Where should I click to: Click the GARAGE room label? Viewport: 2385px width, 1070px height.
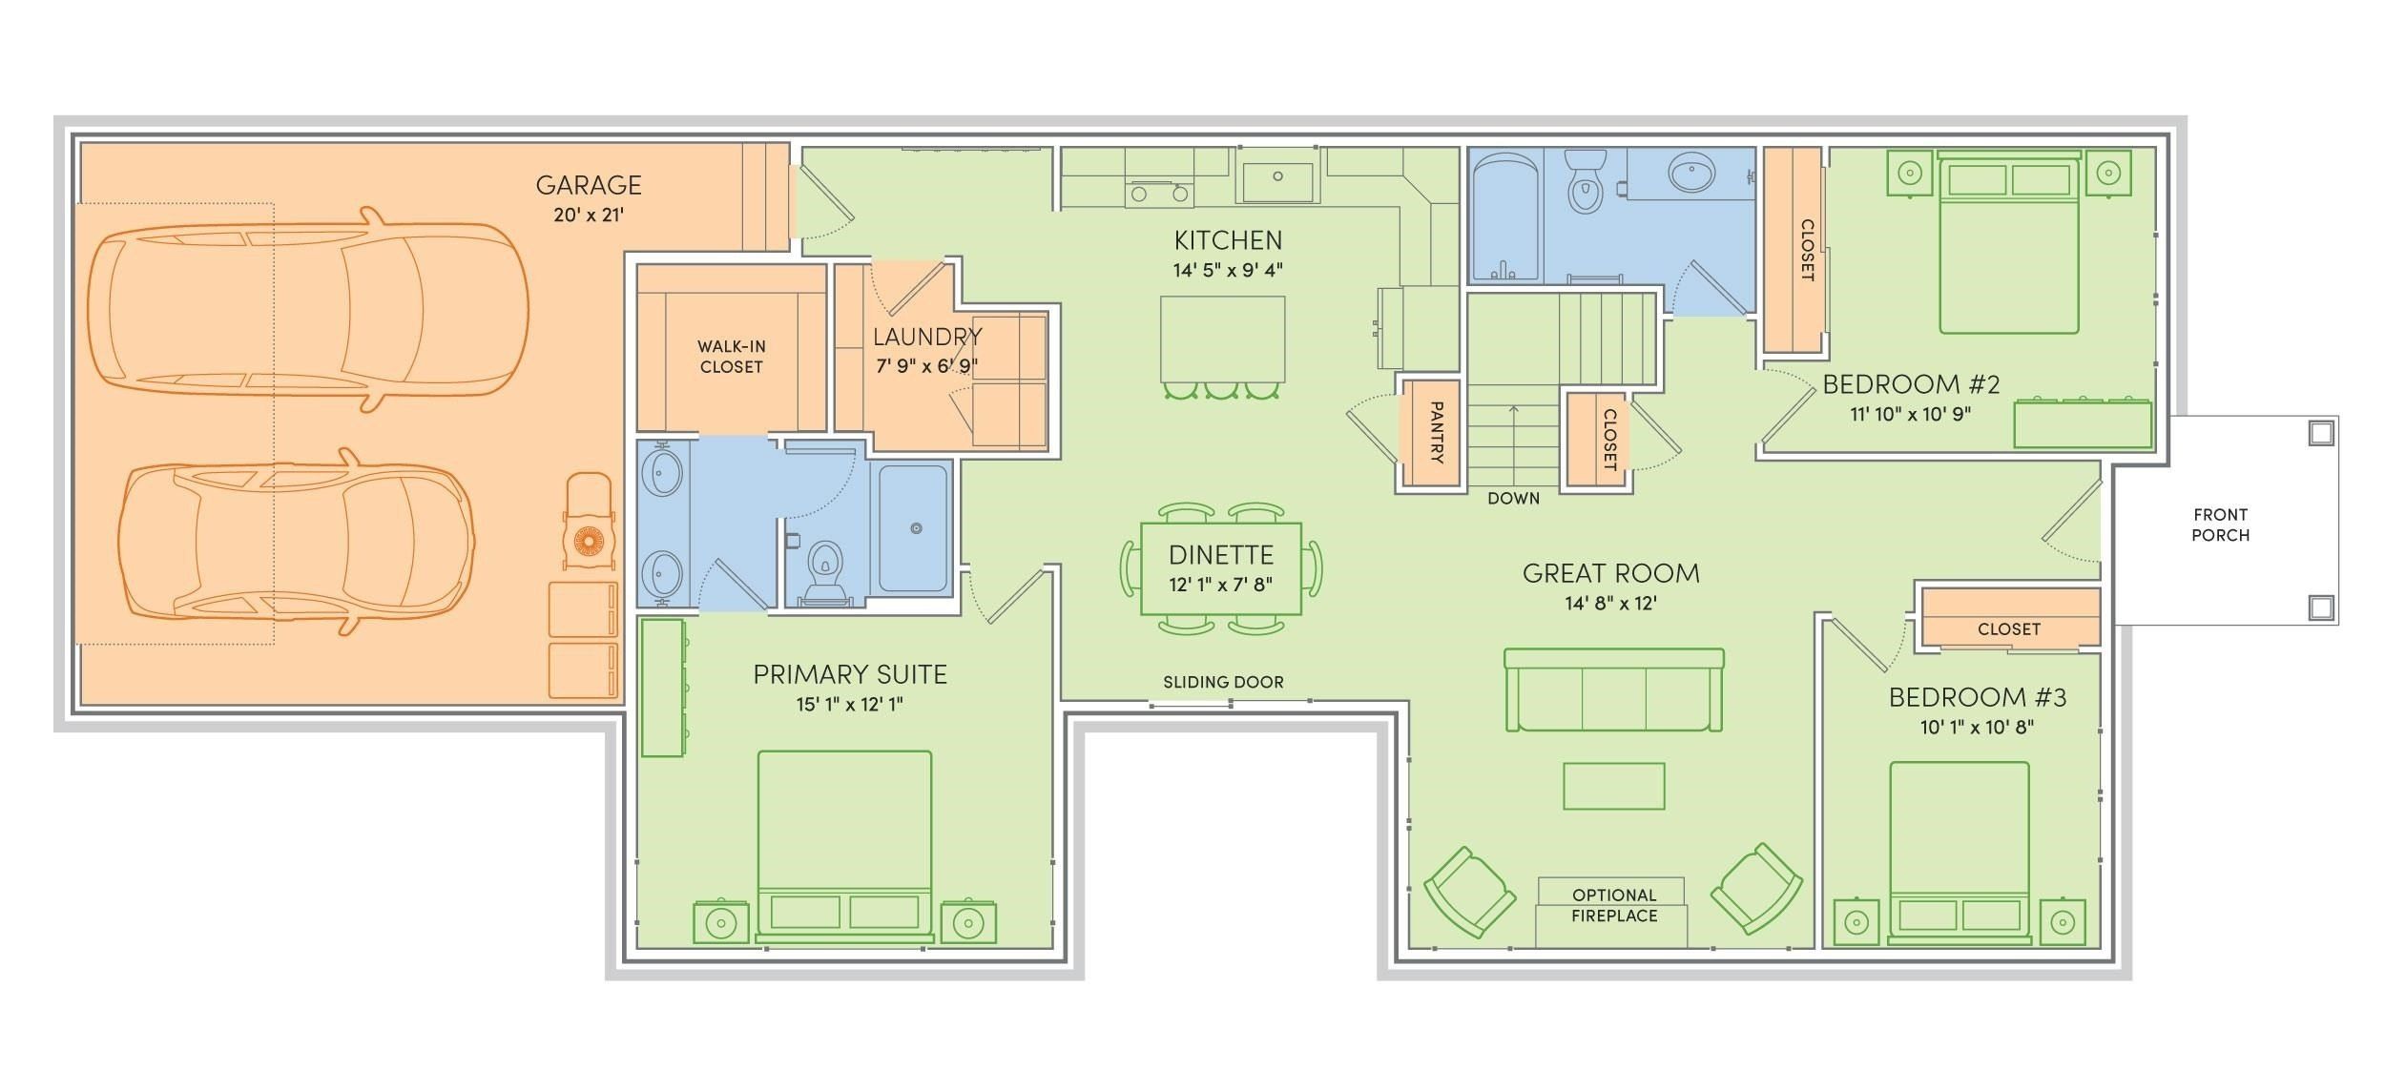[588, 185]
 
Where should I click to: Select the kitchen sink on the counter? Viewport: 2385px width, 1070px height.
[1277, 177]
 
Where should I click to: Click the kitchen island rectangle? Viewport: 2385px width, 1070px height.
[1221, 339]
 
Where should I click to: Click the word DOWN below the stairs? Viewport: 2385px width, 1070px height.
[1513, 498]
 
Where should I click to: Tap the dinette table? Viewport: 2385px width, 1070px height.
[1221, 568]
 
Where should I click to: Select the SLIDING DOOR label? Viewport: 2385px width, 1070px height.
[1223, 682]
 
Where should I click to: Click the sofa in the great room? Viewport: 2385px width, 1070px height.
[1613, 690]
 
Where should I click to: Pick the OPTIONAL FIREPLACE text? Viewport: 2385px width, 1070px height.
[1613, 905]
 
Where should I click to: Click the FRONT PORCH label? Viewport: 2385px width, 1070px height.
[2220, 525]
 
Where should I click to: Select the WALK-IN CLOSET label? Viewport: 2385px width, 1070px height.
[731, 357]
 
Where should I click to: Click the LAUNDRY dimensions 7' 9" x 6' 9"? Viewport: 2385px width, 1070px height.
[926, 365]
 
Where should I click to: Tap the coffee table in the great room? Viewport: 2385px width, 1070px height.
[1613, 786]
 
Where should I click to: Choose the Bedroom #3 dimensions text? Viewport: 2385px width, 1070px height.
[1977, 727]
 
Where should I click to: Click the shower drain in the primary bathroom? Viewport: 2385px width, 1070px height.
[916, 528]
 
